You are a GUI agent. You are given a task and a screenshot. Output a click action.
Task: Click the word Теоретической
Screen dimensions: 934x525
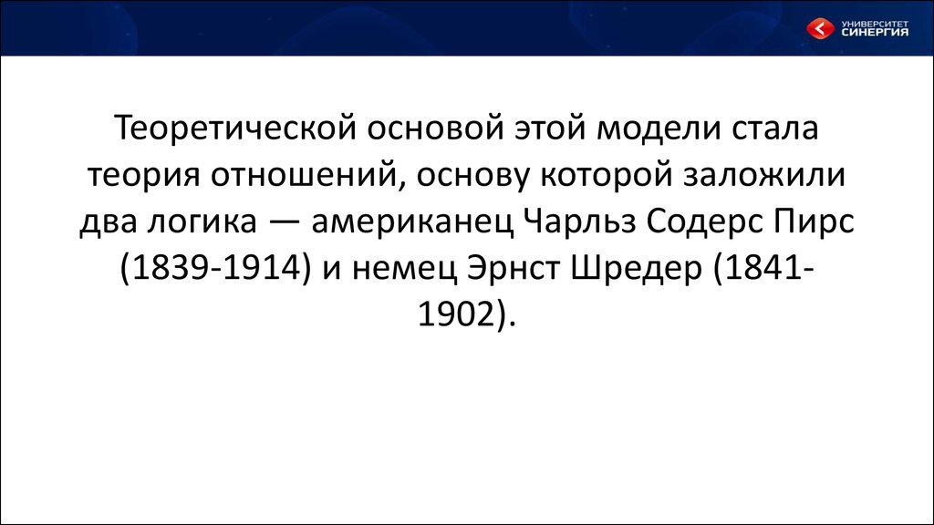tap(234, 128)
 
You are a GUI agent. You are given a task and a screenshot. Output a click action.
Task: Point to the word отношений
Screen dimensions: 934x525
tap(303, 175)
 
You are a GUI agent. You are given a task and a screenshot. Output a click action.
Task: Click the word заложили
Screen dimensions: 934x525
tap(765, 175)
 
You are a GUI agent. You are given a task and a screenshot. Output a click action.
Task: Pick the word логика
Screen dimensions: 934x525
tap(202, 221)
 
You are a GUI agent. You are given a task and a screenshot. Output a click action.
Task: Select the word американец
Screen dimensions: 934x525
tap(412, 221)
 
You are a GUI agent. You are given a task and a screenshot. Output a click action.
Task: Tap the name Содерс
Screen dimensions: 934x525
tap(705, 221)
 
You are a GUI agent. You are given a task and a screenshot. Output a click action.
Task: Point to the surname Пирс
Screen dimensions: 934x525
tap(815, 221)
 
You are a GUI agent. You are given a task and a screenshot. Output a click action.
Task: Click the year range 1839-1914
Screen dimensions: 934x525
tap(215, 269)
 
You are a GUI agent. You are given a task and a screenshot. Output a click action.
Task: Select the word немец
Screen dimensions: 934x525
tap(404, 269)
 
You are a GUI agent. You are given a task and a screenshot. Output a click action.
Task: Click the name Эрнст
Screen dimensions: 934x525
tap(514, 269)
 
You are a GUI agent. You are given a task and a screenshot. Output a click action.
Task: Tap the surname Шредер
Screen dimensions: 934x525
tap(636, 269)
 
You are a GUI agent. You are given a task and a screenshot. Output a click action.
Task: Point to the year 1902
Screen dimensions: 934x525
tap(458, 314)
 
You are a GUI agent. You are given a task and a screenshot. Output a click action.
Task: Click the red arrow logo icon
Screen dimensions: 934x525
tap(820, 28)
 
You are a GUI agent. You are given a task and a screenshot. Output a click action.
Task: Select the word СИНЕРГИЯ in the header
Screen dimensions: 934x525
tap(875, 32)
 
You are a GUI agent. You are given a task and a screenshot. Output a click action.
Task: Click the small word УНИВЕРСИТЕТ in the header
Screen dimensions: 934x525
tap(875, 23)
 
